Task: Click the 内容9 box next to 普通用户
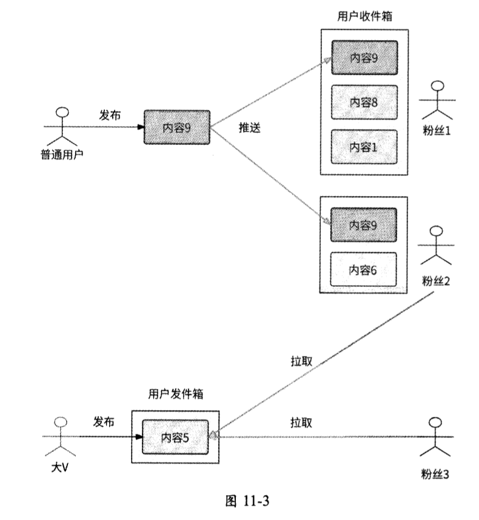176,127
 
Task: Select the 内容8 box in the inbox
364,102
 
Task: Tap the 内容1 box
364,146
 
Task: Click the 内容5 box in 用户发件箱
175,436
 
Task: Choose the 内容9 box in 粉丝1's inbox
364,58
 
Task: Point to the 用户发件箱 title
175,393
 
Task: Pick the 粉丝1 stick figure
438,100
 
